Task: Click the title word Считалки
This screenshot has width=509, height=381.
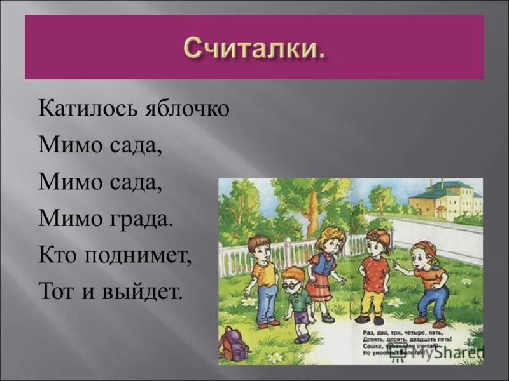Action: click(x=254, y=47)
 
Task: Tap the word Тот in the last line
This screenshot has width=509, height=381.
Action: click(x=55, y=293)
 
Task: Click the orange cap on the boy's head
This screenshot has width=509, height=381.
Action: click(x=379, y=236)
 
